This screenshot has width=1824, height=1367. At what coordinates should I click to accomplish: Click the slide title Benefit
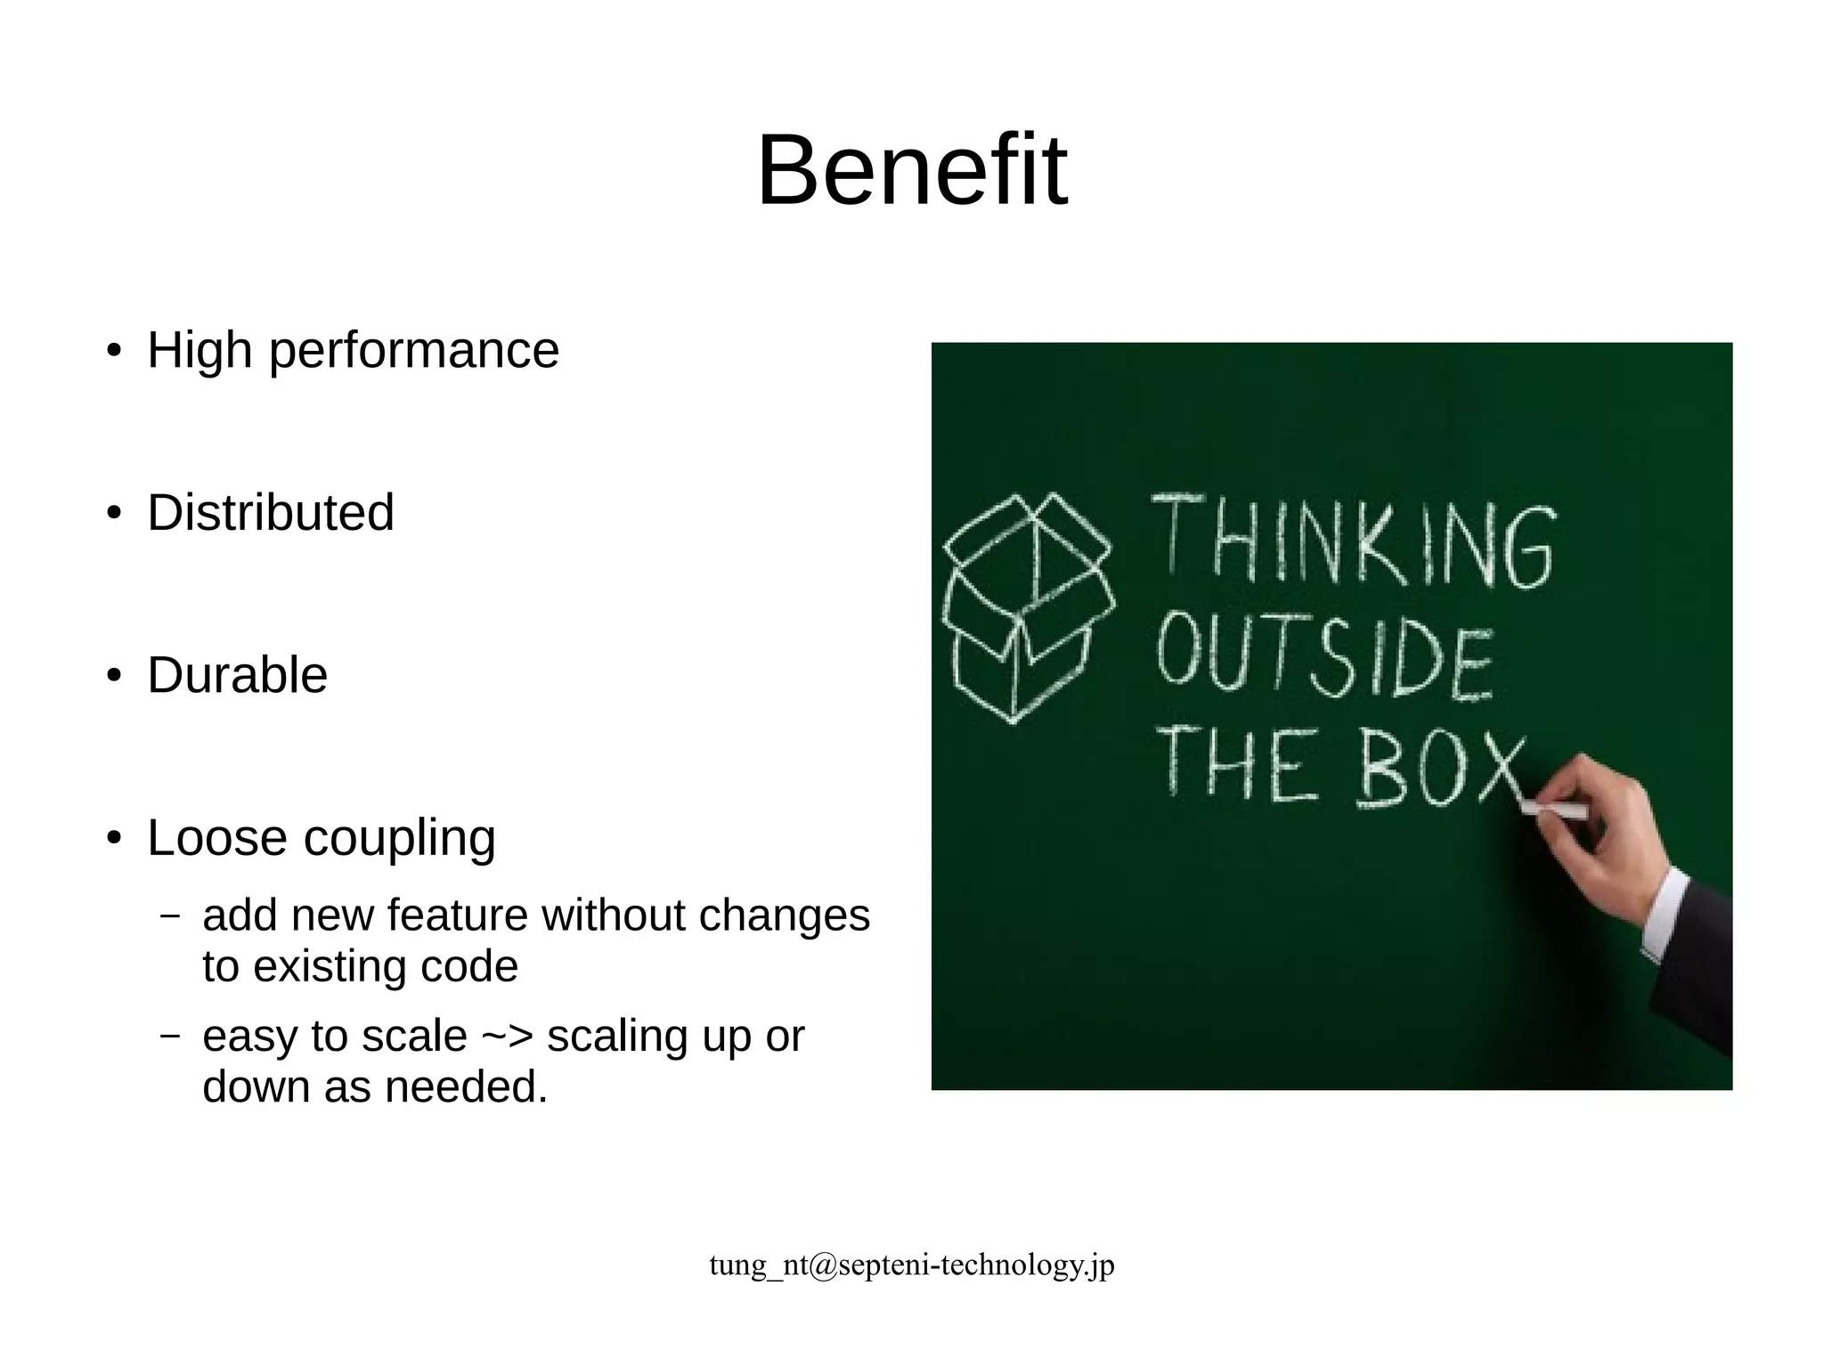[x=911, y=169]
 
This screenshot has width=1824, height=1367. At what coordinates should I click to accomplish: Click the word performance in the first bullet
[x=413, y=350]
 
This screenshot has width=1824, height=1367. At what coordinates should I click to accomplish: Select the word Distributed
[x=271, y=513]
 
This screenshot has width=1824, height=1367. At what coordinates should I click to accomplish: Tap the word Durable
[x=238, y=675]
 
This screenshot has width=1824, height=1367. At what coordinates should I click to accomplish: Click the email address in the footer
[x=911, y=1265]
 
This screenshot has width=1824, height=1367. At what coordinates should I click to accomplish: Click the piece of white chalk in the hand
[x=1553, y=810]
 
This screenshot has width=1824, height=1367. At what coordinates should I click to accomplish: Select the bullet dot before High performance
[x=113, y=351]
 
